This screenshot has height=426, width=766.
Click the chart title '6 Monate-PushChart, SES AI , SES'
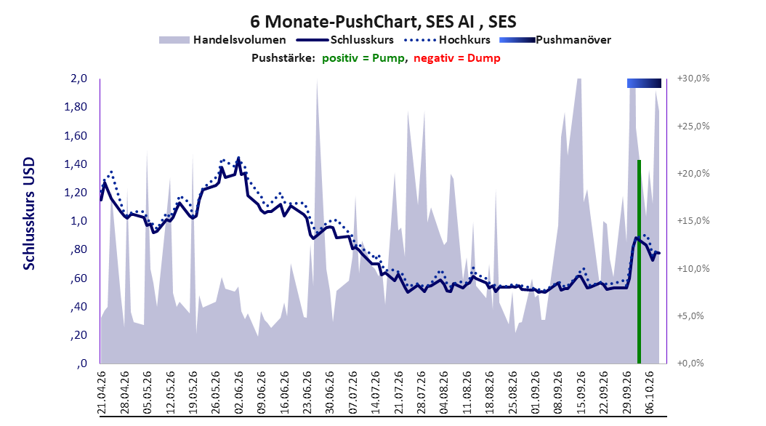click(x=383, y=22)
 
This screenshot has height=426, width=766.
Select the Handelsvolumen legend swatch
click(x=174, y=40)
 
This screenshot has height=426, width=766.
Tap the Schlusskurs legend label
click(x=362, y=40)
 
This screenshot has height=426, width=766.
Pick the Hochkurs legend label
click(x=464, y=40)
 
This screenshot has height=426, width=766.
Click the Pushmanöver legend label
click(x=573, y=40)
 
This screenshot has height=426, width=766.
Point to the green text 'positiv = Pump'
click(x=363, y=58)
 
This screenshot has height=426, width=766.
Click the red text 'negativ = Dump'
click(x=457, y=58)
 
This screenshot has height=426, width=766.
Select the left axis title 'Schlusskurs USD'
click(x=29, y=214)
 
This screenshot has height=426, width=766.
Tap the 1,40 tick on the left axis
click(x=76, y=164)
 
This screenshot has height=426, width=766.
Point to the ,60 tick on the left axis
click(x=78, y=278)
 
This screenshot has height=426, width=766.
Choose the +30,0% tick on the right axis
click(x=693, y=79)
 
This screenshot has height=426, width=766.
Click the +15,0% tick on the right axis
click(x=693, y=221)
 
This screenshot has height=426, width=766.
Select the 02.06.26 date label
click(x=239, y=393)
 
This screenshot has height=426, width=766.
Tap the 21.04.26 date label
click(x=102, y=393)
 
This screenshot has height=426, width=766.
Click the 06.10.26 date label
click(x=650, y=393)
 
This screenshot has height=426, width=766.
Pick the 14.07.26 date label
click(x=376, y=393)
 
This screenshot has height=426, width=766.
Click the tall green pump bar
click(x=639, y=262)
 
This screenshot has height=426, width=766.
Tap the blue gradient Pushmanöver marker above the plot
click(x=644, y=83)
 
